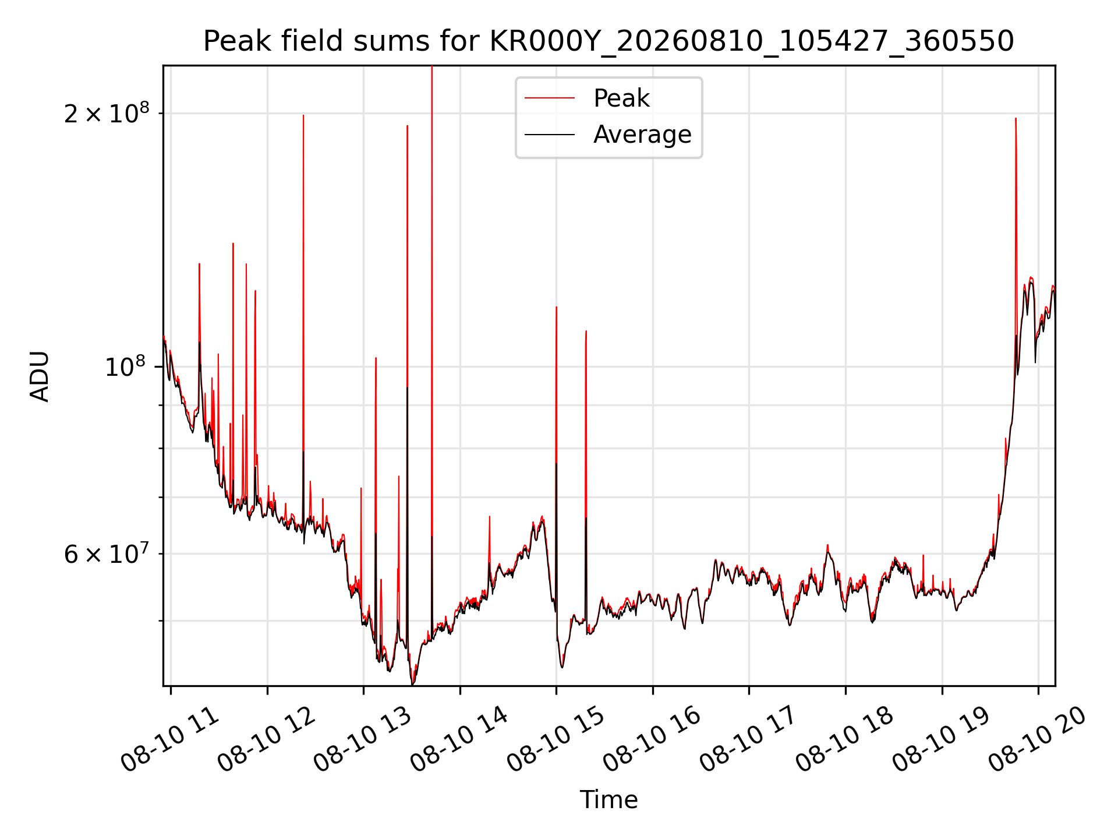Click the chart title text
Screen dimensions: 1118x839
608,41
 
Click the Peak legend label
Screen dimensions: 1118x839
621,98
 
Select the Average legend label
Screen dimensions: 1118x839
642,135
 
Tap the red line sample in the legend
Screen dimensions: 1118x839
550,98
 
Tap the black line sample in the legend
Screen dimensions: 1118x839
550,135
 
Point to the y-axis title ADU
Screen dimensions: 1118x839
40,376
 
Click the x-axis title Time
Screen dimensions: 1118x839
608,800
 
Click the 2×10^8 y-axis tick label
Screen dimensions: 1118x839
107,112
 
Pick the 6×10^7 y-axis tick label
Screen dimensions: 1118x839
107,554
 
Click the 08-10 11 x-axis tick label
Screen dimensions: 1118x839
170,739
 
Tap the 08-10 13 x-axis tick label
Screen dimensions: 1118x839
363,739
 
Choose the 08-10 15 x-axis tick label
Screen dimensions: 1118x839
556,739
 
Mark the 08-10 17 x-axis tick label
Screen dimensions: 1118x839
749,739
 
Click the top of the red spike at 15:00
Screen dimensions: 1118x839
557,307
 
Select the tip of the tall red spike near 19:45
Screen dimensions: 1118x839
1016,118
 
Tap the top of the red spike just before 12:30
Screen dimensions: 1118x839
303,115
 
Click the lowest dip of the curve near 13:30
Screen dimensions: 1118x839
412,684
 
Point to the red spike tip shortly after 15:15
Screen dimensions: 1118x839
586,331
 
